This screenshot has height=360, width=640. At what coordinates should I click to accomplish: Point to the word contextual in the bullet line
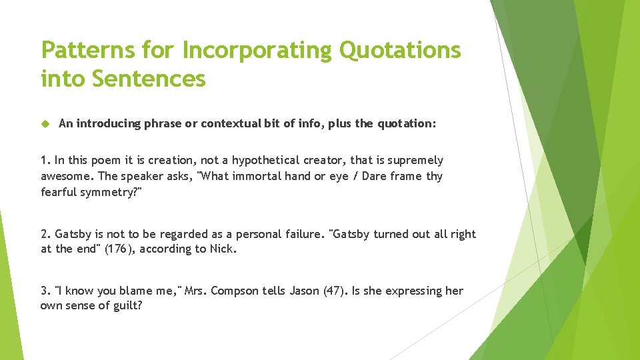229,123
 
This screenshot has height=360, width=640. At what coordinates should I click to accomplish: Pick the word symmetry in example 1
107,192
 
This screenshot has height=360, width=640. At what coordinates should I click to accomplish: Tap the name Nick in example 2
223,249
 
